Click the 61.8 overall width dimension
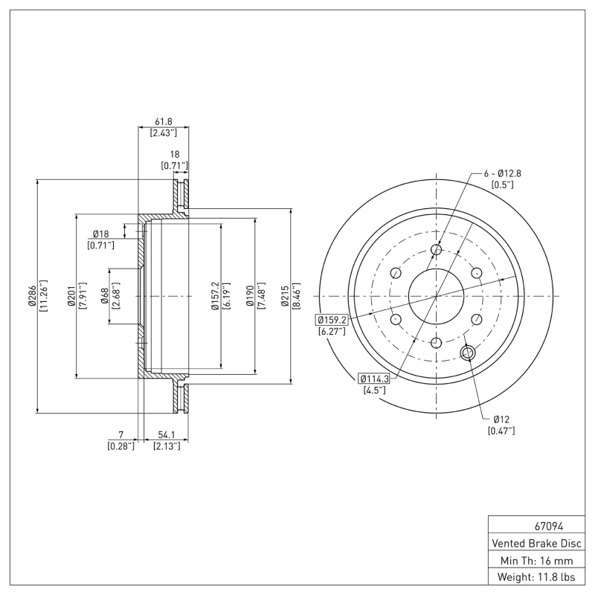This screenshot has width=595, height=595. click(163, 120)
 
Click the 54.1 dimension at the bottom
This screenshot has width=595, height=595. click(165, 434)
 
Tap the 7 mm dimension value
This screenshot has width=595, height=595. click(120, 434)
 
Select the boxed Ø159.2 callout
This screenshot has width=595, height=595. click(332, 320)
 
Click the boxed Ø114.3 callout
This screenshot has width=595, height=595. click(373, 378)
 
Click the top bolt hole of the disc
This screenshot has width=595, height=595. click(436, 250)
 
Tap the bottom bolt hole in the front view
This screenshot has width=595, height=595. click(436, 342)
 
